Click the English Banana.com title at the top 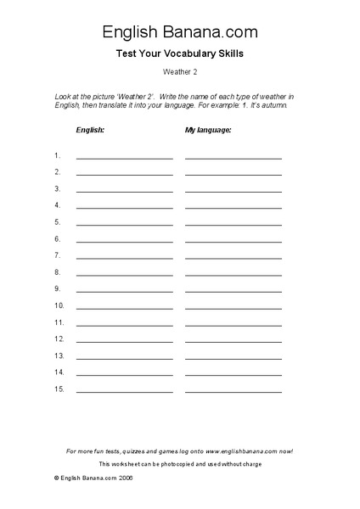179,32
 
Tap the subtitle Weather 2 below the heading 179,72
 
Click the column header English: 90,130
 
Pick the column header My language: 208,130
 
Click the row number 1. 57,156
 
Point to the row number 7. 57,255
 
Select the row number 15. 59,389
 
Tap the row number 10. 59,305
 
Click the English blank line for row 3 124,191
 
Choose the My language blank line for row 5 233,225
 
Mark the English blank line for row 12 124,341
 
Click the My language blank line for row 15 233,391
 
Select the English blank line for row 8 124,275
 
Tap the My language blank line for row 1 233,158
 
